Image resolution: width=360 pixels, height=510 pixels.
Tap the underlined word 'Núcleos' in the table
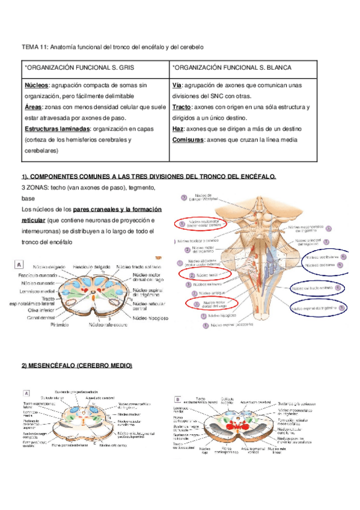click(37, 85)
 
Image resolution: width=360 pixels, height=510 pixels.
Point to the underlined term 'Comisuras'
click(188, 140)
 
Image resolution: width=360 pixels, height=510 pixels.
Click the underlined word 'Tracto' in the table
click(182, 108)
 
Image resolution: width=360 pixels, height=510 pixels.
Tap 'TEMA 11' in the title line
click(34, 46)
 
